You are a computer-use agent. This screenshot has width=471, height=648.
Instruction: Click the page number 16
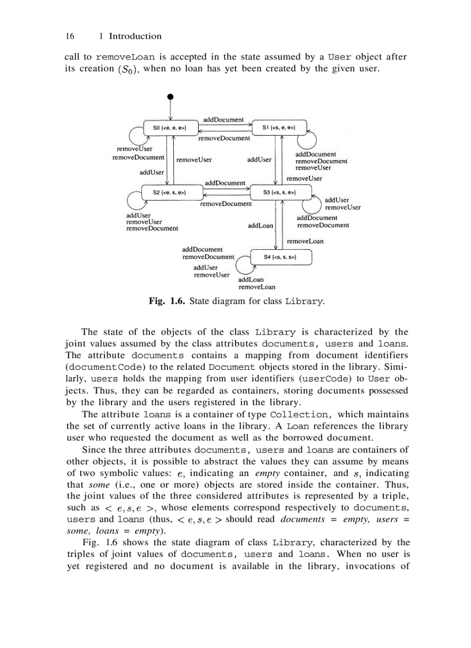point(70,36)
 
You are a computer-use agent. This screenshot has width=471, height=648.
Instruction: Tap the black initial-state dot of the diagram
point(170,96)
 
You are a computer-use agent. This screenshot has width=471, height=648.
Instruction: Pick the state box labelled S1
point(279,127)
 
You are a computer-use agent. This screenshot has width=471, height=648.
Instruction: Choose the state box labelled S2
point(170,192)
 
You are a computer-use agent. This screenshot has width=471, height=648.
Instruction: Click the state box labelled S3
point(279,192)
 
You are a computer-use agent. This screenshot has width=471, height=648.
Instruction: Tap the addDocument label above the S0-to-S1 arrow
point(225,119)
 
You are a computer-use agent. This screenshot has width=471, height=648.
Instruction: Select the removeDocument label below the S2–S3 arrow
point(226,204)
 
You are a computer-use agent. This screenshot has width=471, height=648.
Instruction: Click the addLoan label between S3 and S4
point(260,226)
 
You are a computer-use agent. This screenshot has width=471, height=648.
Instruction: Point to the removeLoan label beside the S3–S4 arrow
point(305,241)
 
